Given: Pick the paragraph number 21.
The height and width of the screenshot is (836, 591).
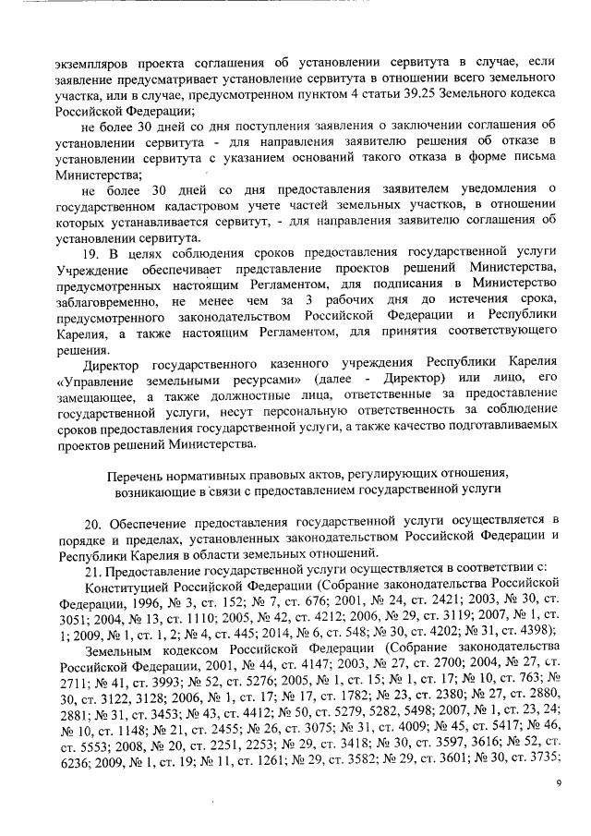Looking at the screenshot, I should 92,569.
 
